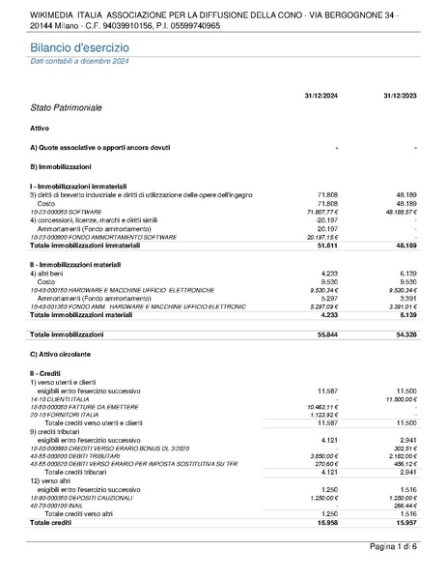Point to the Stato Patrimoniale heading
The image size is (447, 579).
[66, 107]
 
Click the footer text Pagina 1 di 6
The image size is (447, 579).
[394, 547]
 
